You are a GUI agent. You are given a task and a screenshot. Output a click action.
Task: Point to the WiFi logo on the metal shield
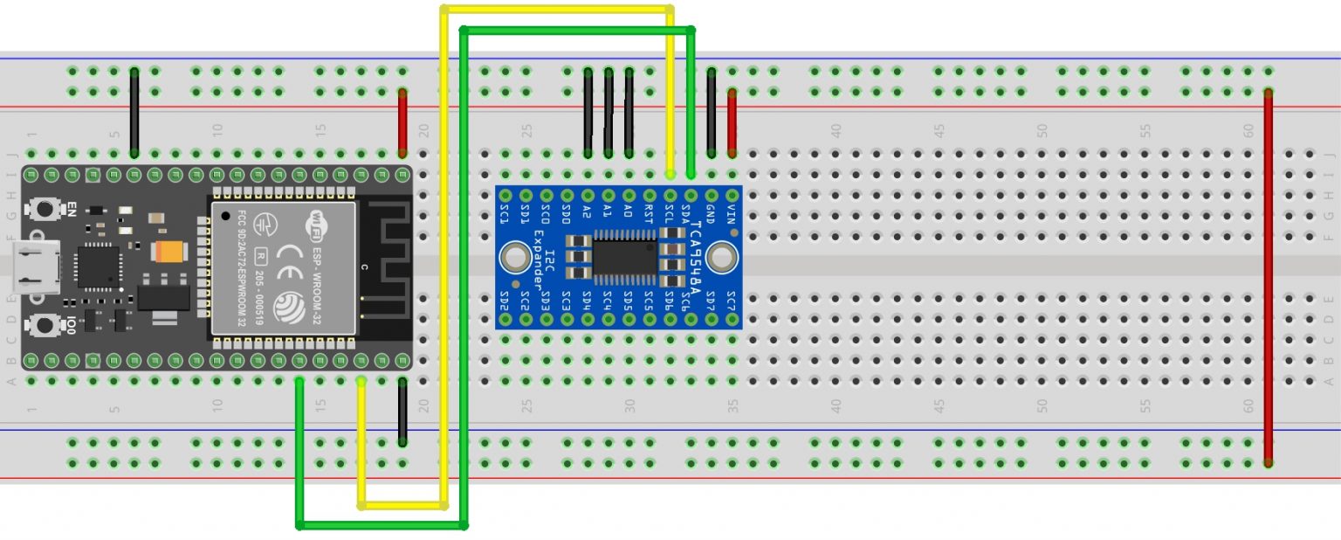click(313, 226)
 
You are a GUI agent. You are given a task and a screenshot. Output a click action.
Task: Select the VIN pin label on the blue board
click(731, 215)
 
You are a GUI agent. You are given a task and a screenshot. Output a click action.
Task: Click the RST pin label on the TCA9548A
click(648, 214)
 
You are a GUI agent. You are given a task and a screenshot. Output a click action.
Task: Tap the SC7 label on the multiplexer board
click(731, 301)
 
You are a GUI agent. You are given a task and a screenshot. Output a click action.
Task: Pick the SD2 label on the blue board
click(505, 301)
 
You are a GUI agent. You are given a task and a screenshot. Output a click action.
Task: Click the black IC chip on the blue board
click(625, 258)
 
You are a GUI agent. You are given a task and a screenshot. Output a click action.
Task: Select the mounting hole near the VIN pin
click(720, 258)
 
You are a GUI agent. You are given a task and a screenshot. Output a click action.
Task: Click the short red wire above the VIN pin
click(732, 122)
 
